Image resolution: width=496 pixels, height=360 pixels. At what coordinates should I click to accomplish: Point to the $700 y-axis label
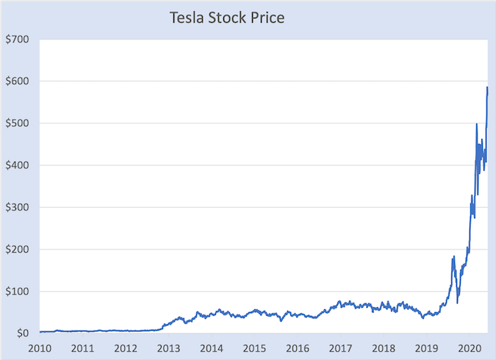(15, 38)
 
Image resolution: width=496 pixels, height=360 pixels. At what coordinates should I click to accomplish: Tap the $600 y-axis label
(15, 81)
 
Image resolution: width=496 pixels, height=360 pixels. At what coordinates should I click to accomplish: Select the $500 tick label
(15, 123)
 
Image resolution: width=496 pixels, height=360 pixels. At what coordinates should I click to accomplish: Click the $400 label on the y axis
(15, 165)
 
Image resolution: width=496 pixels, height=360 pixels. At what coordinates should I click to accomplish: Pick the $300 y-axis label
(15, 207)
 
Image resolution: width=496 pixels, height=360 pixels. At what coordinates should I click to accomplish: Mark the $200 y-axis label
(15, 249)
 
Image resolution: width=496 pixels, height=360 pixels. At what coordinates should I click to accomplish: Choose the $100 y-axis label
(15, 292)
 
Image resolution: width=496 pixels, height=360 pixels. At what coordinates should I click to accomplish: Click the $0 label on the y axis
(21, 334)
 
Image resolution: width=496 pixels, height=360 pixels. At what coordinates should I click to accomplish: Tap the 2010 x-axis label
(40, 348)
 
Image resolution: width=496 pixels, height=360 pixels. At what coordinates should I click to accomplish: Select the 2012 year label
(126, 348)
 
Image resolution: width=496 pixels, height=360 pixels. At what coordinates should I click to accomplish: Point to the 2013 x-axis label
(169, 348)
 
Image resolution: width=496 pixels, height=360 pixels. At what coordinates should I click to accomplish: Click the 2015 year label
(255, 348)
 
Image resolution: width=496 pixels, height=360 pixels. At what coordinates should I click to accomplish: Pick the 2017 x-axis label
(341, 348)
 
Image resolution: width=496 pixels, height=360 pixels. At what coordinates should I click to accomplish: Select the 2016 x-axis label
(298, 348)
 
